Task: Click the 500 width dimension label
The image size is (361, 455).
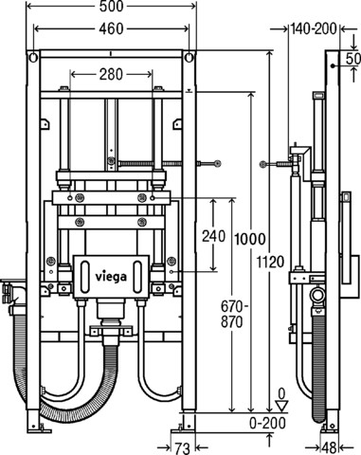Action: pyautogui.click(x=111, y=7)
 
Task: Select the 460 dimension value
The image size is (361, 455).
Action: pyautogui.click(x=111, y=28)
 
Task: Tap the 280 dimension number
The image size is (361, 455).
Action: pyautogui.click(x=111, y=75)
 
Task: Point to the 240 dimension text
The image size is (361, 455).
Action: pyautogui.click(x=214, y=236)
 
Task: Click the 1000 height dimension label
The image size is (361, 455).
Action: pyautogui.click(x=250, y=239)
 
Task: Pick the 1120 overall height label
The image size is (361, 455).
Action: pyautogui.click(x=270, y=262)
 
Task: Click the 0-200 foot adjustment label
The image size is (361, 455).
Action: pyautogui.click(x=267, y=423)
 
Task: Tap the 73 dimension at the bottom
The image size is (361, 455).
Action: pyautogui.click(x=183, y=448)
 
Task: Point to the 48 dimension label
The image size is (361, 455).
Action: pyautogui.click(x=330, y=448)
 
